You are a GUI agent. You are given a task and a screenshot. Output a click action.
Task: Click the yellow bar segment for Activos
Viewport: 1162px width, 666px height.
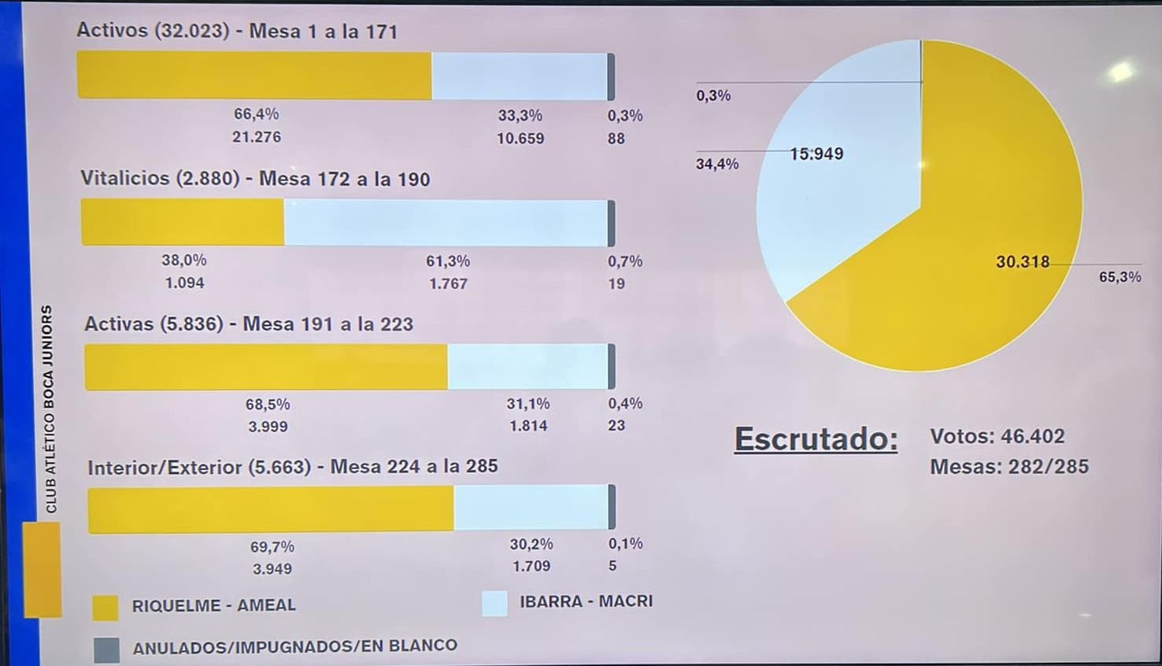[253, 76]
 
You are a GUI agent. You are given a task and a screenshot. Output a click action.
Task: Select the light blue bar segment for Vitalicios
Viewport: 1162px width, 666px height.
[446, 223]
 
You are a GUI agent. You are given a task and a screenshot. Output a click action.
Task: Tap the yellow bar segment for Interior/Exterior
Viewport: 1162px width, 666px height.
[270, 509]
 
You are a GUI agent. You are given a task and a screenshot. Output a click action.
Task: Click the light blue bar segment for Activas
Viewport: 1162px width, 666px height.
[527, 366]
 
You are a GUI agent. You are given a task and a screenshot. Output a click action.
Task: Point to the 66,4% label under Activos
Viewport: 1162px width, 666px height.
[256, 114]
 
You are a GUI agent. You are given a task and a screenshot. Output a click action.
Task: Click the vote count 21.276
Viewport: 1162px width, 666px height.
[256, 137]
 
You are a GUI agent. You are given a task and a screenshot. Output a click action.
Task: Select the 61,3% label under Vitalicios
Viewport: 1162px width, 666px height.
[448, 261]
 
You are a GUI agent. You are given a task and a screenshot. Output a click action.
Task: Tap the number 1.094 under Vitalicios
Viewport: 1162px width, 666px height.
[184, 283]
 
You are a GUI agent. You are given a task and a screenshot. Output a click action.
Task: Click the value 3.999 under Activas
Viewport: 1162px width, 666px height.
[268, 427]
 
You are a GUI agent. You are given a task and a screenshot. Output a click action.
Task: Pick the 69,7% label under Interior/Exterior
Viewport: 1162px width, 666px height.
[272, 546]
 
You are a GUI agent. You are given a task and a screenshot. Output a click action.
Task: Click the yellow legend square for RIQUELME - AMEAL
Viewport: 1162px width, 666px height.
[105, 608]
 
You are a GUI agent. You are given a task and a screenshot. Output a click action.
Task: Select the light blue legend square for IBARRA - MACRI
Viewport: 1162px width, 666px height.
[494, 604]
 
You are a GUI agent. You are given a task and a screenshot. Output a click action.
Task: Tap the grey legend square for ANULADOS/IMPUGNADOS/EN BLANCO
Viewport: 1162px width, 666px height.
[106, 649]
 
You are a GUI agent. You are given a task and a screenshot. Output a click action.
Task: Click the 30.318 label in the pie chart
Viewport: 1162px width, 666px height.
[1023, 262]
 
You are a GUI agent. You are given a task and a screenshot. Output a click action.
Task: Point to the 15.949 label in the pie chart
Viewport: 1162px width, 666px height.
[816, 154]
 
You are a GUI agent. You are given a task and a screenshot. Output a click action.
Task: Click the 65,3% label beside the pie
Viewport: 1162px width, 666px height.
[1119, 277]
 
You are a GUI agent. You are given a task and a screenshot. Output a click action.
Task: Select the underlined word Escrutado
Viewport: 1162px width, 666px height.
[816, 439]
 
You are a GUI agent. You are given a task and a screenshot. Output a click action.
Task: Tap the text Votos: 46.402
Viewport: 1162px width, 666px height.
[997, 436]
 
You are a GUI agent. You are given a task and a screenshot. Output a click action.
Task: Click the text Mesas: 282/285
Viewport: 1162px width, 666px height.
[1008, 467]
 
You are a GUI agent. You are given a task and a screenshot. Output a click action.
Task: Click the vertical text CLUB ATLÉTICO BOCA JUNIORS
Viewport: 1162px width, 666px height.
[50, 409]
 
